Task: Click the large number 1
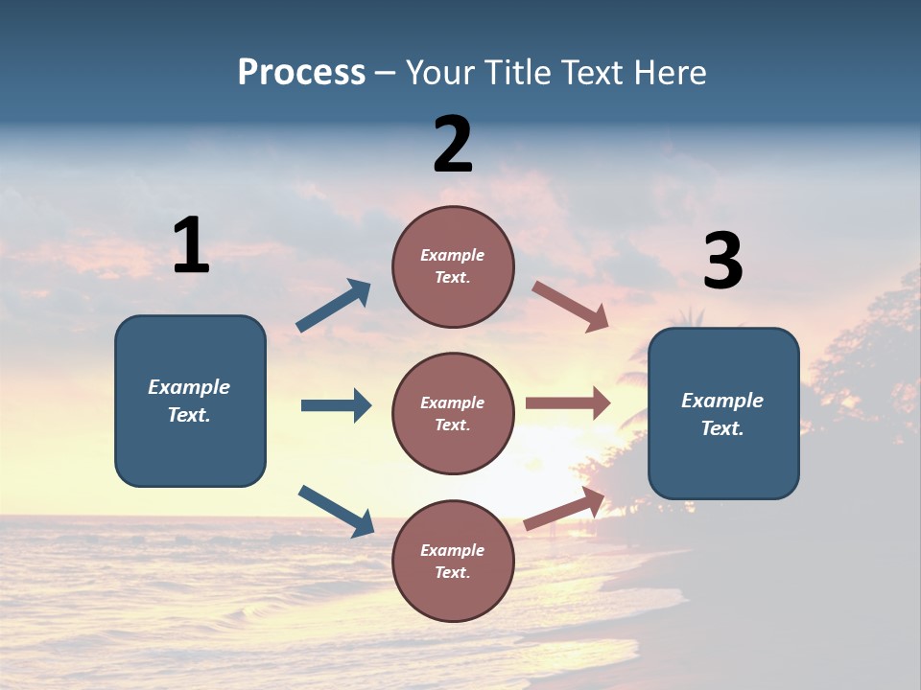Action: (x=191, y=245)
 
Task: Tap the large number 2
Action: (x=453, y=145)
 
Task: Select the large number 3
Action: (x=722, y=262)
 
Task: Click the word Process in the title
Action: (x=301, y=72)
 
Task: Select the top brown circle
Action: (x=453, y=266)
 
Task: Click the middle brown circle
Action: (x=453, y=413)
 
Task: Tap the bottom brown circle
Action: (x=453, y=561)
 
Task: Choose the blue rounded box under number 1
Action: (x=190, y=401)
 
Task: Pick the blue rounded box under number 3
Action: (x=723, y=413)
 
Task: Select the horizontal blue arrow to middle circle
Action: (x=336, y=405)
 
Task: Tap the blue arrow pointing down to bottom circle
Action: (x=336, y=511)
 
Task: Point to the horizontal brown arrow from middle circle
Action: (x=568, y=403)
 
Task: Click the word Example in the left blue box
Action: (x=189, y=387)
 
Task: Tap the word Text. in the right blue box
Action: (x=722, y=428)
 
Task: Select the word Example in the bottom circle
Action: (x=452, y=550)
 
